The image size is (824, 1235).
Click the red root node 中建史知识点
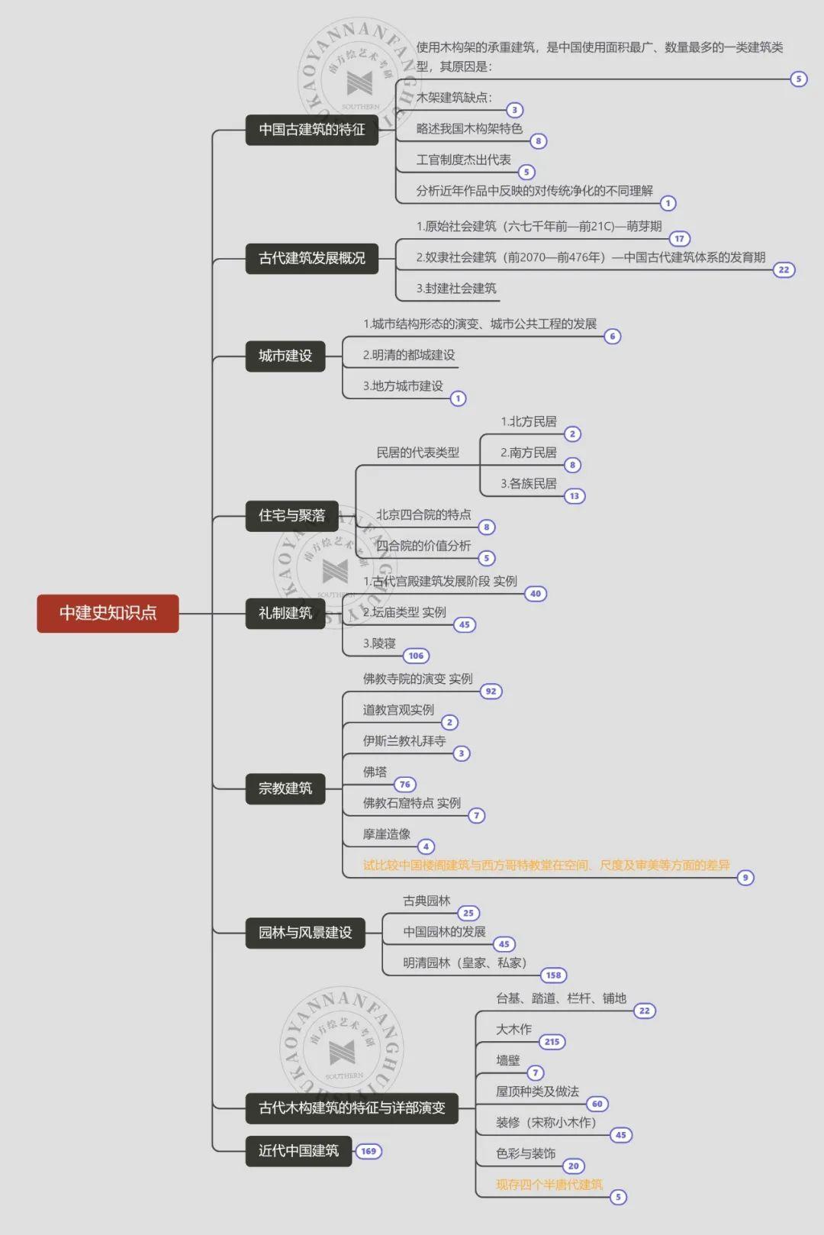pyautogui.click(x=108, y=613)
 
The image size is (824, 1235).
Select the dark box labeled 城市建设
pyautogui.click(x=285, y=356)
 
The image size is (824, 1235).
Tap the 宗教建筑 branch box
pyautogui.click(x=285, y=788)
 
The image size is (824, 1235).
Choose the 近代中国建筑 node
pyautogui.click(x=298, y=1150)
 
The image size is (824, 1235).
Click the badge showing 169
pyautogui.click(x=369, y=1151)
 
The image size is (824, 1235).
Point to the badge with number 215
pyautogui.click(x=552, y=1042)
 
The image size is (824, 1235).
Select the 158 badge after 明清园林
pyautogui.click(x=553, y=975)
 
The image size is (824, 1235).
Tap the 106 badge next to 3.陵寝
pyautogui.click(x=416, y=656)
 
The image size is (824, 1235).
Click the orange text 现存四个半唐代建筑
pyautogui.click(x=549, y=1185)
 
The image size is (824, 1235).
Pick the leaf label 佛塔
pyautogui.click(x=375, y=772)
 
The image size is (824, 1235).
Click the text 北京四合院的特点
pyautogui.click(x=424, y=514)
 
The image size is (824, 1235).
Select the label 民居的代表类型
pyautogui.click(x=418, y=453)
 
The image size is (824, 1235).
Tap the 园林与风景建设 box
pyautogui.click(x=305, y=933)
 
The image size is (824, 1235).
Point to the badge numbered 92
pyautogui.click(x=491, y=692)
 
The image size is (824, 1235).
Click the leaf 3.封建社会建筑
pyautogui.click(x=456, y=289)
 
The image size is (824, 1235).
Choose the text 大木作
pyautogui.click(x=513, y=1030)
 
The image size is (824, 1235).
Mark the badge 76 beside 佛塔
pyautogui.click(x=405, y=784)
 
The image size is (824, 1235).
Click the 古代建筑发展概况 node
pyautogui.click(x=312, y=259)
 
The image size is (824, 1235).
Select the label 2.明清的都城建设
pyautogui.click(x=409, y=355)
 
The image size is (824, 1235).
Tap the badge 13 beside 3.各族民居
pyautogui.click(x=575, y=496)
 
